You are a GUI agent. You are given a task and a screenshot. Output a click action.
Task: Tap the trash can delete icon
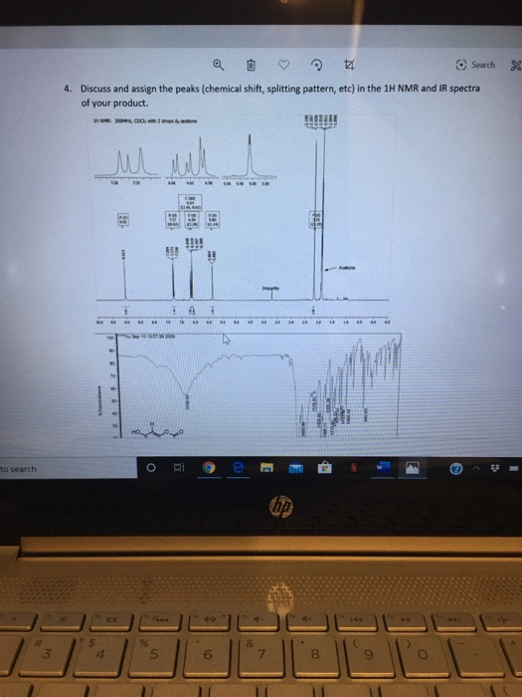tap(252, 67)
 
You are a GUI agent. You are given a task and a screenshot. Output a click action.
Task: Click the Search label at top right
tap(482, 65)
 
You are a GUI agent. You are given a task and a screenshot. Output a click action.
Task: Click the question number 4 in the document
tap(67, 89)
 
